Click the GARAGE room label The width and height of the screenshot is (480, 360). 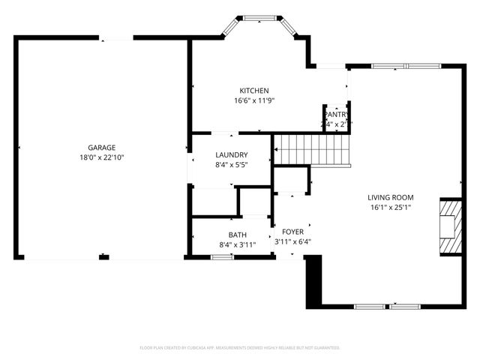click(x=101, y=148)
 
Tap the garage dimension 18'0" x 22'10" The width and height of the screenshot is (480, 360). click(x=101, y=158)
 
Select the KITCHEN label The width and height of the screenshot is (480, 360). click(x=253, y=91)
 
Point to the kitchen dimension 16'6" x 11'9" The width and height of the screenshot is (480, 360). click(x=253, y=100)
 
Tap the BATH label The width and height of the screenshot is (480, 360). click(x=237, y=235)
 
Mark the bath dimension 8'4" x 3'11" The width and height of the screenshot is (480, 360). click(x=237, y=244)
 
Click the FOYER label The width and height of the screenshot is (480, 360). click(x=292, y=232)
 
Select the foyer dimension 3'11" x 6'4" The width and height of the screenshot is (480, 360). click(x=292, y=241)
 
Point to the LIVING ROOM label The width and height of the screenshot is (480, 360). click(x=390, y=197)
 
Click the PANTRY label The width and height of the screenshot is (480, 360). click(x=337, y=115)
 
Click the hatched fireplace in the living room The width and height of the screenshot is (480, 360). click(x=450, y=226)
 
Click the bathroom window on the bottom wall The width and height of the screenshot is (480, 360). click(x=221, y=257)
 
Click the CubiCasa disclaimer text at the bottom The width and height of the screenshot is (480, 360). click(x=240, y=348)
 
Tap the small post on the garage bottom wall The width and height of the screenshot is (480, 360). click(x=103, y=258)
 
